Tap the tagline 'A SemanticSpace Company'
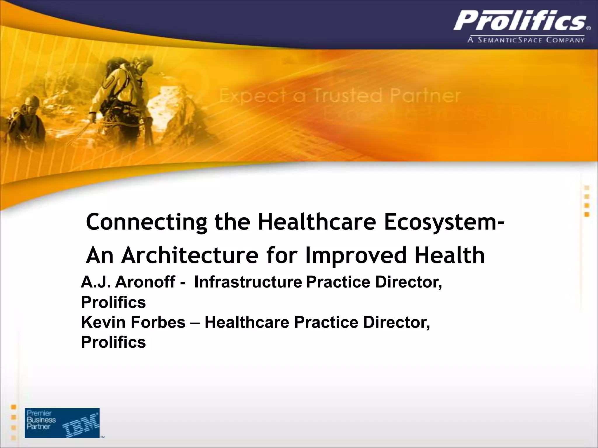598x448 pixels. click(x=526, y=40)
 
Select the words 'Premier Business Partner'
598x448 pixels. click(x=41, y=420)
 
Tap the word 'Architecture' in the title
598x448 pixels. click(x=190, y=255)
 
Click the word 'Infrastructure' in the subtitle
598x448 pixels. click(x=248, y=282)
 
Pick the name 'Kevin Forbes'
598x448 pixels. click(x=133, y=322)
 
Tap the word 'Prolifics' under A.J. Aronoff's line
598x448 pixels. click(x=113, y=302)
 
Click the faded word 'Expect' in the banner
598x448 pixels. click(x=253, y=96)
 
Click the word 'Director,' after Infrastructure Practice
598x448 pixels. click(x=408, y=282)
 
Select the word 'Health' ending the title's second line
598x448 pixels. click(x=450, y=255)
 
